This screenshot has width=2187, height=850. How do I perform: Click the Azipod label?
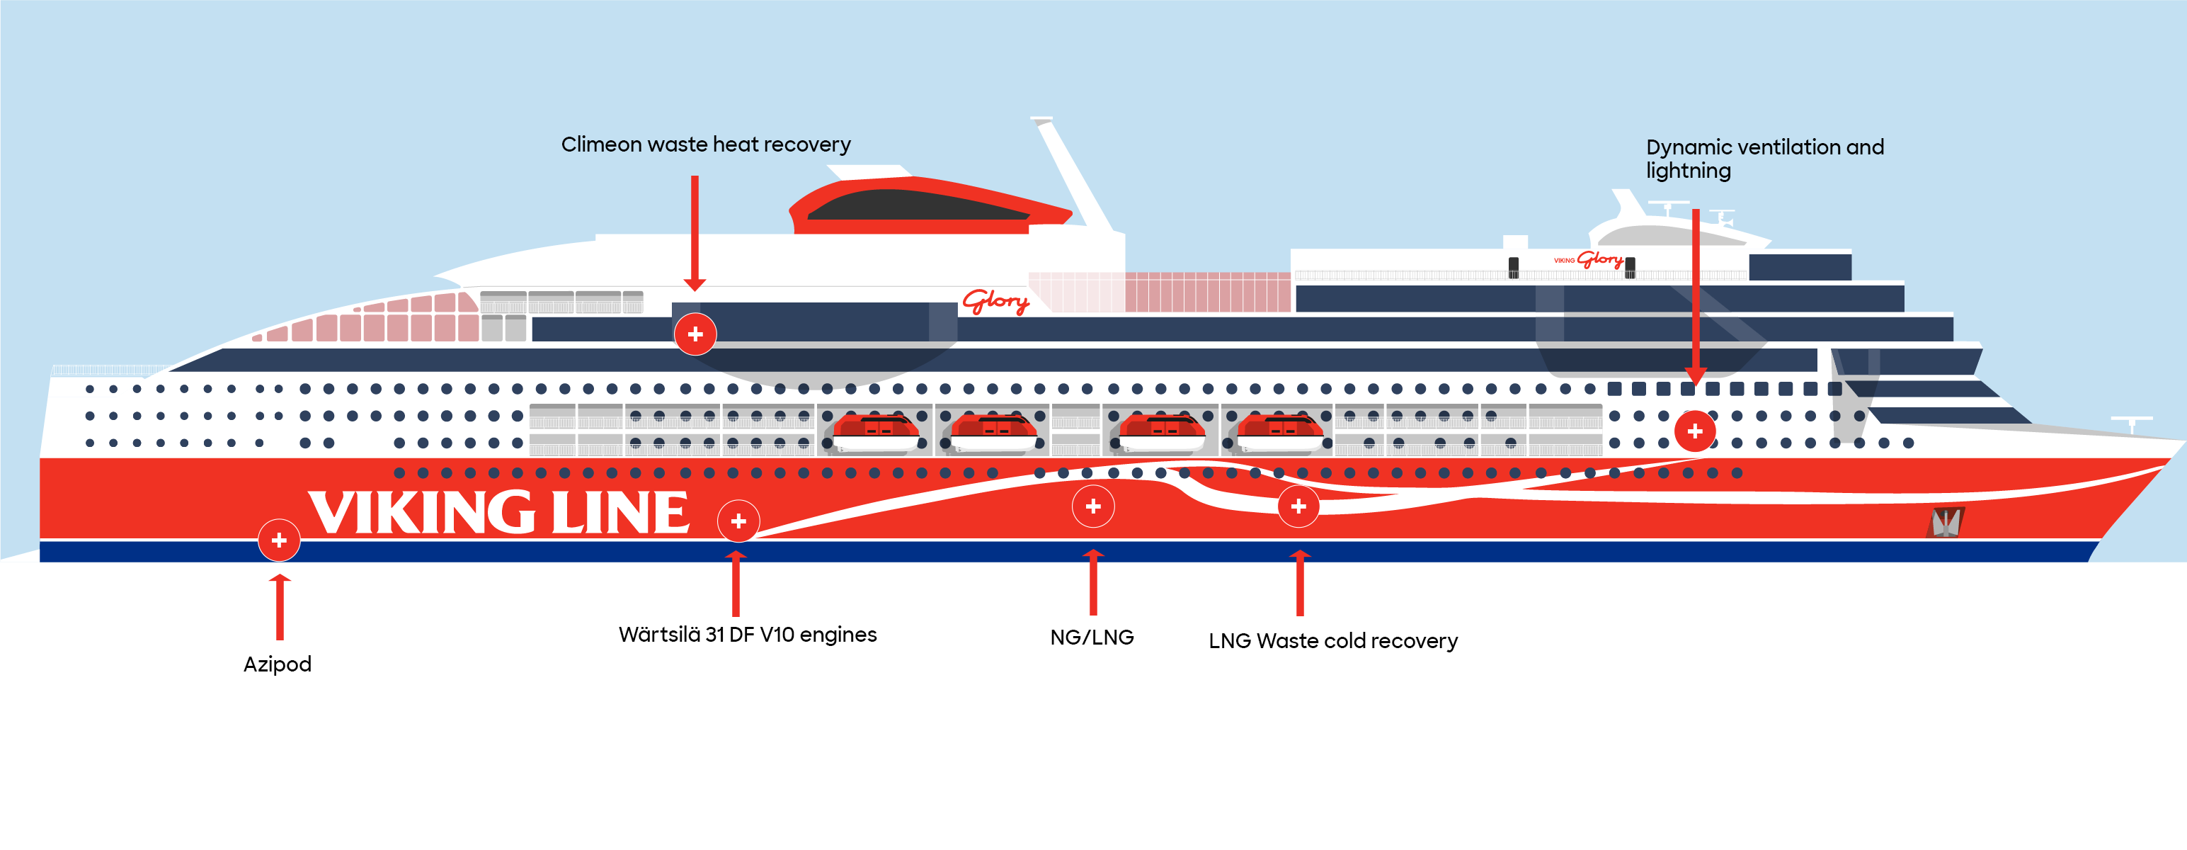pos(277,664)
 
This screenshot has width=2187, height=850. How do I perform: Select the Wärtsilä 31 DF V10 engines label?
pos(747,635)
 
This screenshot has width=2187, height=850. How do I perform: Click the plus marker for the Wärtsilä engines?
pos(738,521)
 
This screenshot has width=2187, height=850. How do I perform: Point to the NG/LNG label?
pos(1092,637)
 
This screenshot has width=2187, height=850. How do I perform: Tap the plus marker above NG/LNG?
pos(1092,506)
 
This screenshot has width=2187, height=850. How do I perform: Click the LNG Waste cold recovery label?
pos(1333,641)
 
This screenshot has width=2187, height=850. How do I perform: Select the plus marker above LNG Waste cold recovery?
pos(1298,506)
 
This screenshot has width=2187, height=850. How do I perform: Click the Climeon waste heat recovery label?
pos(705,144)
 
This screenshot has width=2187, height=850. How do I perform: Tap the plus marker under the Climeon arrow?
pos(695,334)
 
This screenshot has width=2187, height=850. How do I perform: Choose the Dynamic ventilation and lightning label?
pos(1764,159)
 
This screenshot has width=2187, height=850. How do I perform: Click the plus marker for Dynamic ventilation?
pos(1694,431)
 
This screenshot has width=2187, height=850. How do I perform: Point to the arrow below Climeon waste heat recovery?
pos(695,234)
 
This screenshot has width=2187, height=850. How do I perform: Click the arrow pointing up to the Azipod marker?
pos(280,606)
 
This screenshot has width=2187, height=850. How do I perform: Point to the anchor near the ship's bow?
pos(1945,522)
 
